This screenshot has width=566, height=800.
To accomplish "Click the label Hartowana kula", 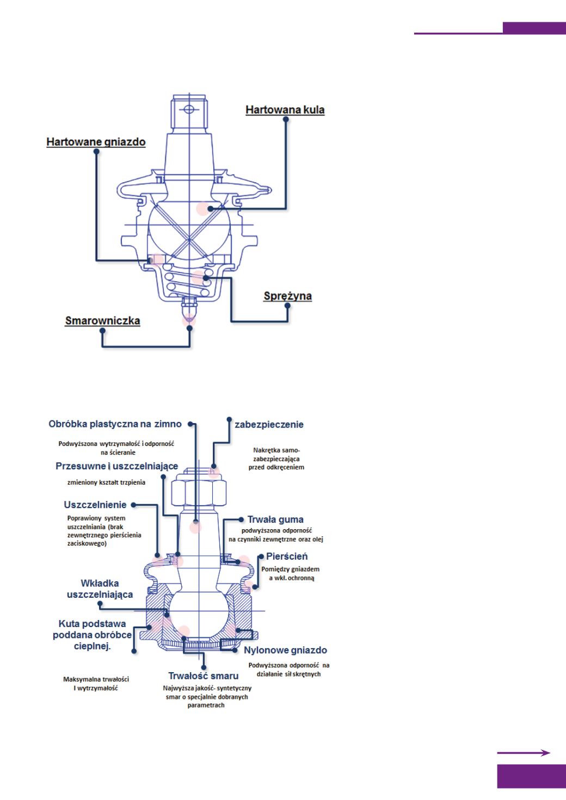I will [x=285, y=110].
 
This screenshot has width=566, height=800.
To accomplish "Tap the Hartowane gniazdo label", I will [x=96, y=142].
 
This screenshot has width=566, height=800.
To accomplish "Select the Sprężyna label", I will [x=287, y=296].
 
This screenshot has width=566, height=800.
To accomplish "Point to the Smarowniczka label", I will [x=102, y=321].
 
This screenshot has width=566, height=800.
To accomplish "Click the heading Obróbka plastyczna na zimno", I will [x=115, y=424].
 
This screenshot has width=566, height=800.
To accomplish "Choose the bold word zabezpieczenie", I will [x=269, y=425].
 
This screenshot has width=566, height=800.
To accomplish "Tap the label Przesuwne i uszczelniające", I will [x=116, y=467].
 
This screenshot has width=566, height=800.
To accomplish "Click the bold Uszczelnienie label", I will [x=95, y=505].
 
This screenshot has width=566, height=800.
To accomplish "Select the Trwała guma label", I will [x=275, y=519].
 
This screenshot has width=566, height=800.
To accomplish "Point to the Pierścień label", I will [x=287, y=556].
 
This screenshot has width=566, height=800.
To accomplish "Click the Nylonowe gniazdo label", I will [x=285, y=650].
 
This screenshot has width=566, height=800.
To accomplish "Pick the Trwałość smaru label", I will [x=203, y=676].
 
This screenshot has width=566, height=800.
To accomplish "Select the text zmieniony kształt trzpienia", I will [x=106, y=482].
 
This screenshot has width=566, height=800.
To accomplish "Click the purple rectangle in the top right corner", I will [x=533, y=28].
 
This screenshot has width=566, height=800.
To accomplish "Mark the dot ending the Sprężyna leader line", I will [x=288, y=306].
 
